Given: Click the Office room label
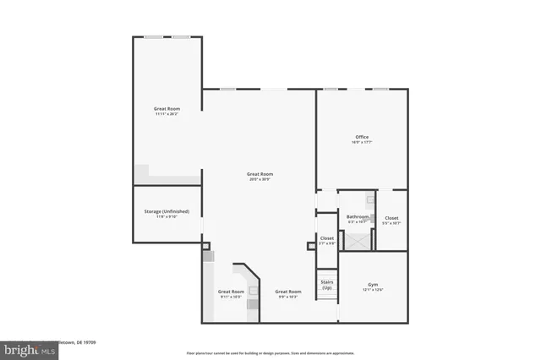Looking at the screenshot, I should tap(363, 137).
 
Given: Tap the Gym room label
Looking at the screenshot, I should tap(373, 285).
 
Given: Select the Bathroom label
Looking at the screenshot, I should tap(358, 217).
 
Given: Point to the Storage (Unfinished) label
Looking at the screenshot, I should tap(167, 211).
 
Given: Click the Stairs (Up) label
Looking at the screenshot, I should tap(326, 285).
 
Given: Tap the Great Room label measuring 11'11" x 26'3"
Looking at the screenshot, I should tap(167, 109).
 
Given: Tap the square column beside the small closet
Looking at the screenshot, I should tap(310, 247).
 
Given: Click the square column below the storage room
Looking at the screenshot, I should tap(205, 247).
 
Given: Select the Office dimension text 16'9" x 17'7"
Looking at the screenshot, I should tap(363, 142).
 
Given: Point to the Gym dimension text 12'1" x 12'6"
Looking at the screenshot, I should tap(373, 290).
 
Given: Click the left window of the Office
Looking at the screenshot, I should tap(331, 88).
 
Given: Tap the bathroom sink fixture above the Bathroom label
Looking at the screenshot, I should tap(369, 201).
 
